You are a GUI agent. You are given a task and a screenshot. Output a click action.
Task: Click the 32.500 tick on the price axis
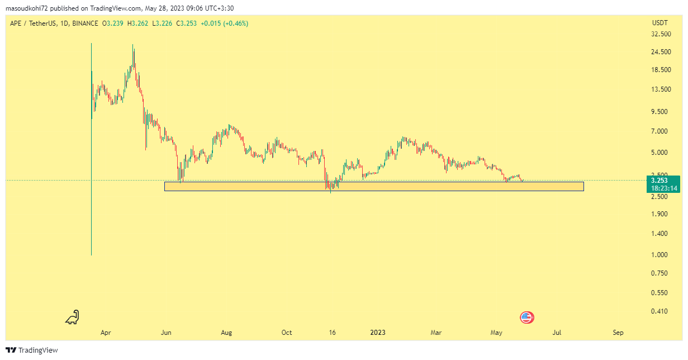(662, 34)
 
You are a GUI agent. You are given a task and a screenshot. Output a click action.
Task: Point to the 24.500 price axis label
(662, 52)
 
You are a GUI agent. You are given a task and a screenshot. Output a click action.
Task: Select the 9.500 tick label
(662, 112)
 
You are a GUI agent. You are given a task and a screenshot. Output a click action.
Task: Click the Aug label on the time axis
(226, 333)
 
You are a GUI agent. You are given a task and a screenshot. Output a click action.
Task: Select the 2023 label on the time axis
(378, 333)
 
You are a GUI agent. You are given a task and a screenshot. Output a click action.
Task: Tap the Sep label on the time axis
(618, 333)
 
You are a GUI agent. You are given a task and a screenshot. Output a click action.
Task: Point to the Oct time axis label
(287, 333)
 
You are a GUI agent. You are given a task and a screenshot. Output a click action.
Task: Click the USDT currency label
(659, 23)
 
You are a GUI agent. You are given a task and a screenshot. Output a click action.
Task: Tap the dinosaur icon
(73, 318)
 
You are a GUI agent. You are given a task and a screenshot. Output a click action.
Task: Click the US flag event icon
(525, 318)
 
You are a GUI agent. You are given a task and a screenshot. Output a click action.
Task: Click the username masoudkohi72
(27, 8)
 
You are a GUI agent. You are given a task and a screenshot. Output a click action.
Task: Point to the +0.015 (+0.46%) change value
(225, 23)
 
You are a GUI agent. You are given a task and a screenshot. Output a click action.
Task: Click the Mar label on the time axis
(436, 333)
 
